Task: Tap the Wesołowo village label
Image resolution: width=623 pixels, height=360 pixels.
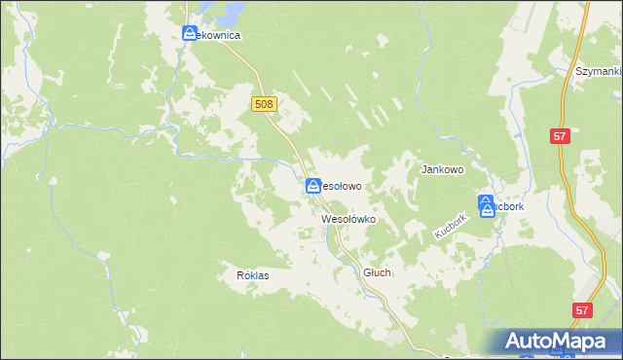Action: coord(342,185)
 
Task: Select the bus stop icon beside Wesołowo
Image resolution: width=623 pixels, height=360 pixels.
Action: coord(313,185)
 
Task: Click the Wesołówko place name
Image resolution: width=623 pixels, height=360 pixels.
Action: coord(348,220)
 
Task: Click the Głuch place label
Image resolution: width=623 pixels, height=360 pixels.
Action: coord(377,273)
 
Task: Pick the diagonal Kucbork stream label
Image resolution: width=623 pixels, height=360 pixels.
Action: coord(451,228)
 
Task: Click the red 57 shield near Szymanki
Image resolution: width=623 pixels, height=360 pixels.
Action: coord(559,137)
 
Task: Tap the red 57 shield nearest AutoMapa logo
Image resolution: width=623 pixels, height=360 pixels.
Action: coord(581,310)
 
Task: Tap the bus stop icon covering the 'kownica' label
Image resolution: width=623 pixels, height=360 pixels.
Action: coord(190,34)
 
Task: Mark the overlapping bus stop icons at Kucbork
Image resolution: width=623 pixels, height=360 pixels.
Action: coord(487,206)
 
